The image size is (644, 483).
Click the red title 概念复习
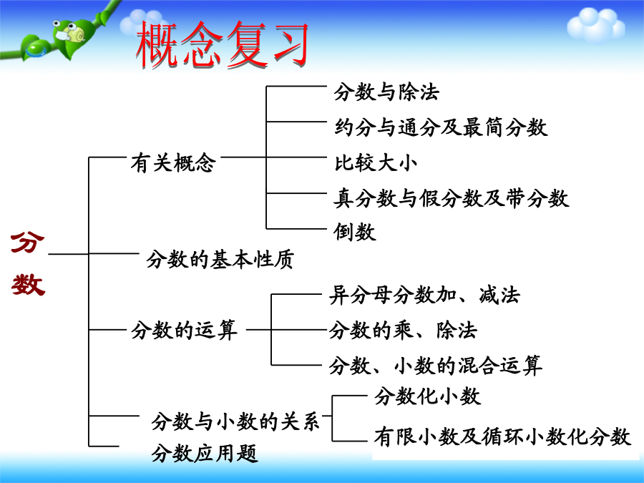[x=222, y=44]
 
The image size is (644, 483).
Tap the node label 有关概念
[x=173, y=162]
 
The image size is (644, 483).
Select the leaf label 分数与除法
[x=386, y=92]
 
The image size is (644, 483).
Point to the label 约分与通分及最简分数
[x=441, y=127]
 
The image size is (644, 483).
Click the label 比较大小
[x=376, y=162]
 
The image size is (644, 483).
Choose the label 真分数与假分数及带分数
[x=451, y=198]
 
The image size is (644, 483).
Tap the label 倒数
[x=354, y=232]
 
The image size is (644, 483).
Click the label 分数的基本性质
[x=220, y=260]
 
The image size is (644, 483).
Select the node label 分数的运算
[x=185, y=330]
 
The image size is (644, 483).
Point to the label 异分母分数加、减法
[x=424, y=295]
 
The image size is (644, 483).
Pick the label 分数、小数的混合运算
[x=435, y=365]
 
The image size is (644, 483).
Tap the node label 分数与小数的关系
[x=235, y=421]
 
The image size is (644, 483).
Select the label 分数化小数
[x=427, y=396]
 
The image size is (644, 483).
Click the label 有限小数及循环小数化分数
[x=502, y=436]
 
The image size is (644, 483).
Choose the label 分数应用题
[x=205, y=454]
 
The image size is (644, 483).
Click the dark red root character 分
[x=27, y=243]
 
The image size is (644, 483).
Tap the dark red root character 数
[x=28, y=285]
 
